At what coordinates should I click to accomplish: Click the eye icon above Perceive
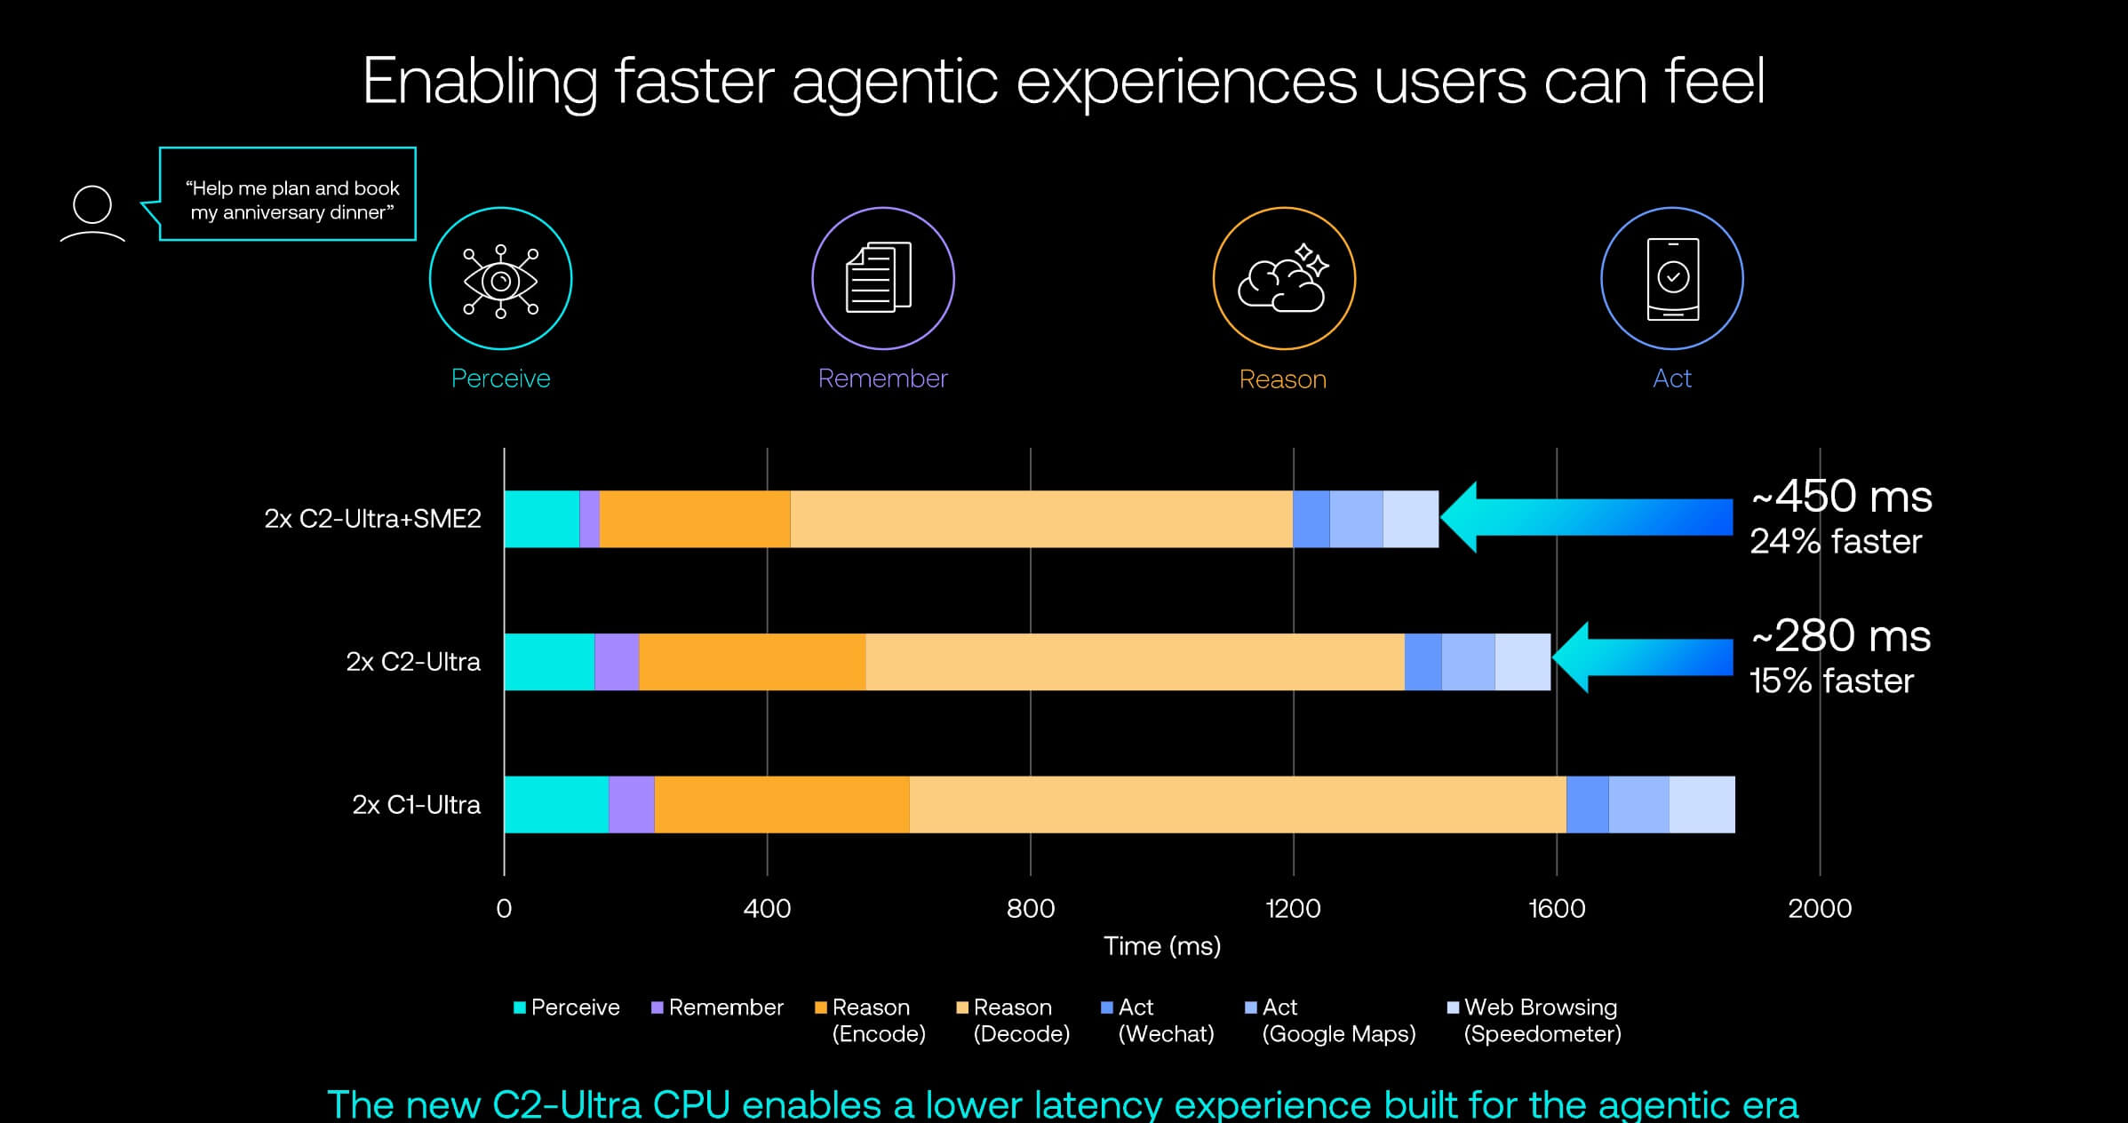(500, 281)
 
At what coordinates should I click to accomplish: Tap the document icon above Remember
(879, 277)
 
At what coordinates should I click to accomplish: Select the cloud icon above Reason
(1283, 277)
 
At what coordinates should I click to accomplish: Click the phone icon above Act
(1672, 279)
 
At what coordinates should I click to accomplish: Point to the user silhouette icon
(92, 213)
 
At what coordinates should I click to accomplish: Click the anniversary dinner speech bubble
(287, 194)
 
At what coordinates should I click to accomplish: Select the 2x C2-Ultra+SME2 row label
(372, 519)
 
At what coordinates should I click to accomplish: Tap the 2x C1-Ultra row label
(416, 805)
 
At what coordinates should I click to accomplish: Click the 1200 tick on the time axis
(1293, 908)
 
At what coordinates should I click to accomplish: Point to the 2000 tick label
(1820, 908)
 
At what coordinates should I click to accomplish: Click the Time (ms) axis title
(1162, 946)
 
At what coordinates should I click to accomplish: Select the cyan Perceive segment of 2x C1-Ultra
(556, 805)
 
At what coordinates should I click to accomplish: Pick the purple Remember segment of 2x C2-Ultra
(617, 662)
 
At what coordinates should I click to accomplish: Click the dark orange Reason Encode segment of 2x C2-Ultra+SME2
(695, 519)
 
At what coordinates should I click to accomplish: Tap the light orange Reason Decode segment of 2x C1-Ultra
(1238, 805)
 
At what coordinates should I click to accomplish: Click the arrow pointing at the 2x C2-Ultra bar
(1642, 657)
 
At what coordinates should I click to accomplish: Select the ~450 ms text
(1841, 497)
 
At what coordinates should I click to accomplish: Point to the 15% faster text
(1831, 681)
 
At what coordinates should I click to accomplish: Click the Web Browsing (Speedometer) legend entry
(1534, 1021)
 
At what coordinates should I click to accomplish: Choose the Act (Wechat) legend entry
(1158, 1021)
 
